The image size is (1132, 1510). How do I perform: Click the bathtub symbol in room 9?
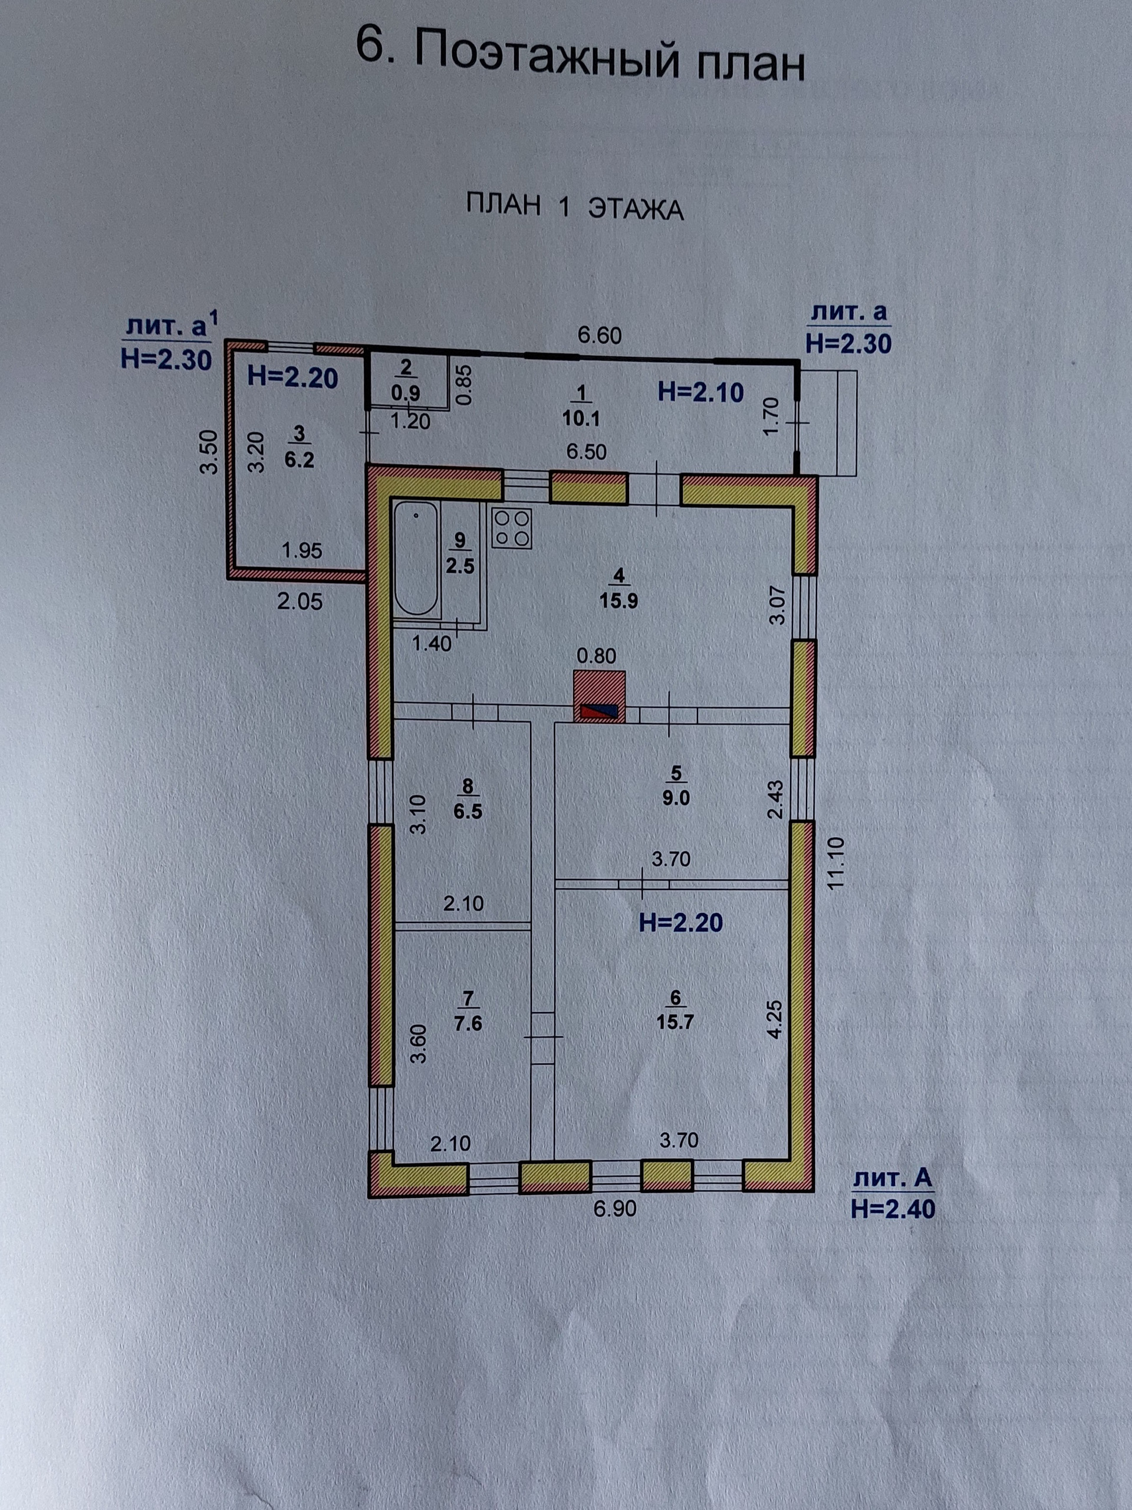click(416, 559)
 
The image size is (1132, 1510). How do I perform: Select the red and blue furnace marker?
click(599, 712)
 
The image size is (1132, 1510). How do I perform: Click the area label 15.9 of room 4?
click(618, 602)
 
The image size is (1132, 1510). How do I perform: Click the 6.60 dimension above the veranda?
click(599, 336)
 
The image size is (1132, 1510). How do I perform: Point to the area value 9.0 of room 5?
click(676, 798)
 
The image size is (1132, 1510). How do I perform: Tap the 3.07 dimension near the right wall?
click(778, 608)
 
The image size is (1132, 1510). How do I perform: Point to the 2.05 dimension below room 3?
click(300, 602)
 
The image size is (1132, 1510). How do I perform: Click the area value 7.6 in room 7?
click(468, 1023)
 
